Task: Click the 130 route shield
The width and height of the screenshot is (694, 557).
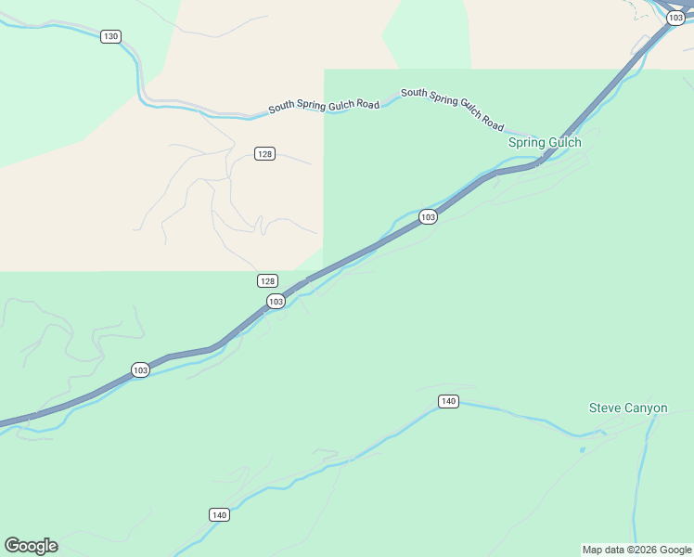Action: pos(110,36)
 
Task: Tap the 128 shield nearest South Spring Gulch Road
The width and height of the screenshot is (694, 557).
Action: pos(265,153)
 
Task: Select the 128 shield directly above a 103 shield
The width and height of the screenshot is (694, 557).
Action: pos(267,280)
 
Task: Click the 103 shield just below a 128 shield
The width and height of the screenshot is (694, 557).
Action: pos(276,302)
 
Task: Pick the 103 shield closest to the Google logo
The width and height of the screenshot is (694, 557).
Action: pos(140,369)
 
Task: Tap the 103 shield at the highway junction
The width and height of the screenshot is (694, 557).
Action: pos(676,19)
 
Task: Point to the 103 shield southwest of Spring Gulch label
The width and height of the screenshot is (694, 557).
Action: pos(427,216)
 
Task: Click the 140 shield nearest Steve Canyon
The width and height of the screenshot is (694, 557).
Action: pos(448,401)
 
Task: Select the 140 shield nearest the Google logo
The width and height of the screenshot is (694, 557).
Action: pos(219,514)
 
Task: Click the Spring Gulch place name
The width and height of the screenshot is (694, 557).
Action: pos(545,143)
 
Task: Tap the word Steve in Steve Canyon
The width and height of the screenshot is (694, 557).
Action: pos(604,408)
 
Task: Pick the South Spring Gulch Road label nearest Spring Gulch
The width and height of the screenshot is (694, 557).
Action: pos(453,110)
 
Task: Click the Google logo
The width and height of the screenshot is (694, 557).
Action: pos(31,546)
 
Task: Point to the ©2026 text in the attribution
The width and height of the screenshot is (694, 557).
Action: pos(647,550)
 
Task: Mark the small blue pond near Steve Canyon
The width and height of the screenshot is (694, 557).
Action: pos(583,450)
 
